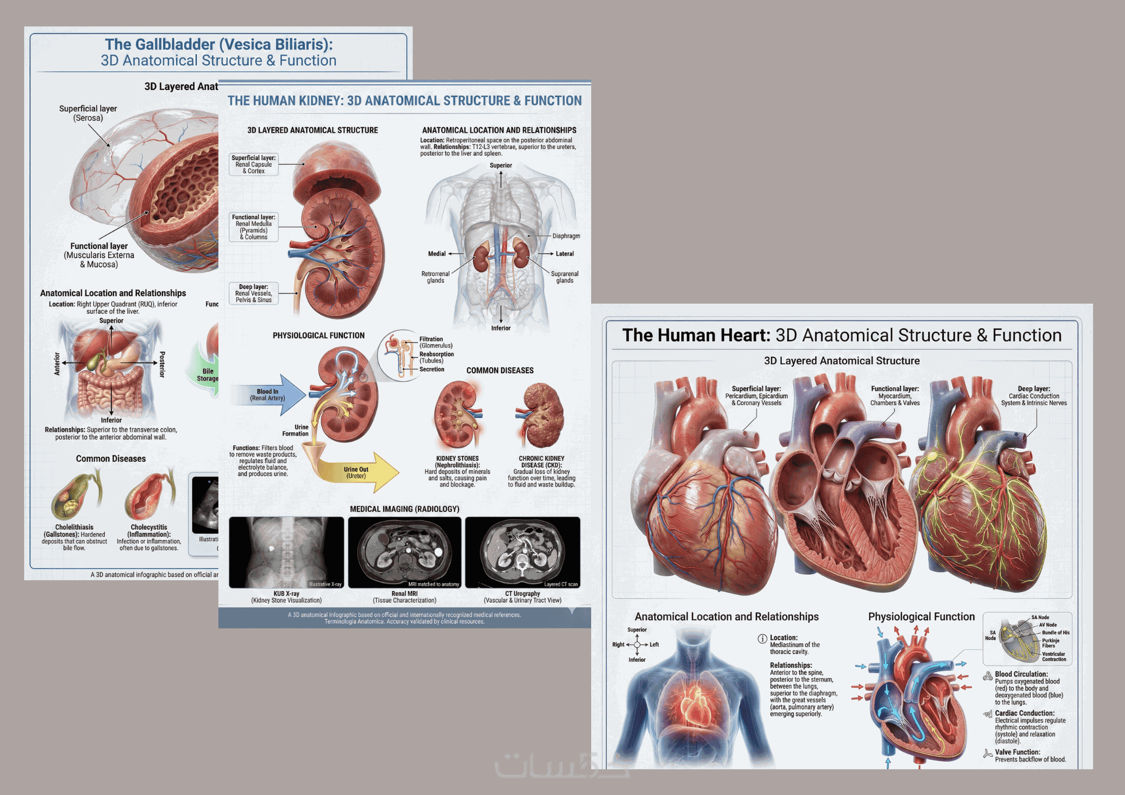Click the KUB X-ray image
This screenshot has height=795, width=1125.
click(286, 552)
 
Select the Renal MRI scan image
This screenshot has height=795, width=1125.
click(404, 552)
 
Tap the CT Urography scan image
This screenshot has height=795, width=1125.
click(523, 552)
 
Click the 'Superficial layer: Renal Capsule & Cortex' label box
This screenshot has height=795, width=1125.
click(254, 165)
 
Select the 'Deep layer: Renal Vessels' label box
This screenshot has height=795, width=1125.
click(254, 293)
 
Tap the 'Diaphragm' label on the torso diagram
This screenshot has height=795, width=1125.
click(566, 236)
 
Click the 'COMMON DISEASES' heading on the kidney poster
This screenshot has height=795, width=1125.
click(499, 371)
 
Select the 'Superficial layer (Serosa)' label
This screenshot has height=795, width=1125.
click(88, 113)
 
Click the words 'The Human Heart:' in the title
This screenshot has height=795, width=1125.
click(696, 335)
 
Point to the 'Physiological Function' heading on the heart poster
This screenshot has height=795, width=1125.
click(921, 617)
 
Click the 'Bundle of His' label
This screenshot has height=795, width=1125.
click(1055, 633)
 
